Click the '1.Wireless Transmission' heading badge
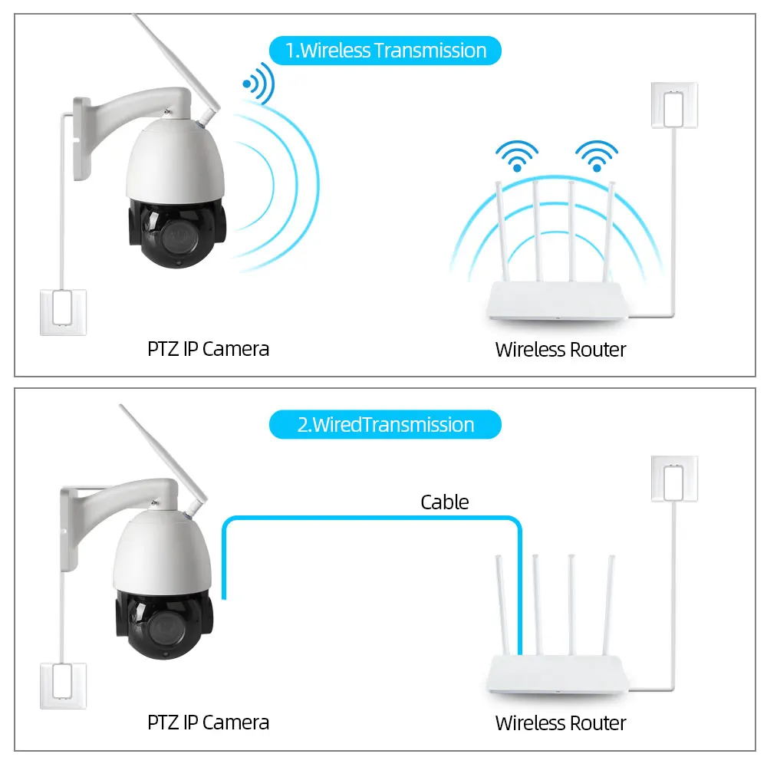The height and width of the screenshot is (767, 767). (x=385, y=51)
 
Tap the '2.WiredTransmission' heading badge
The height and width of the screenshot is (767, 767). (x=385, y=424)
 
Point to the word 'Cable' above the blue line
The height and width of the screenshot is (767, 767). (x=444, y=502)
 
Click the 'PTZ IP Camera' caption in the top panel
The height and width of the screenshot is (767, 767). (x=208, y=349)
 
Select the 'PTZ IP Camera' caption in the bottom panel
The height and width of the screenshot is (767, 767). (x=208, y=722)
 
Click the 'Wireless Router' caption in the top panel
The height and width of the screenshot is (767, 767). (x=561, y=350)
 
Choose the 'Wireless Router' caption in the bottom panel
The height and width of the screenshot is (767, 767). (x=561, y=723)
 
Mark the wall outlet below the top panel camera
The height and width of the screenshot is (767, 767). (x=63, y=311)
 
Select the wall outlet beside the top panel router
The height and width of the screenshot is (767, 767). (x=674, y=106)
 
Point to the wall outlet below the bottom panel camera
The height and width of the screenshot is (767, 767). (x=63, y=686)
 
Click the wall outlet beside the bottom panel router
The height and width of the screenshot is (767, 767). (x=674, y=479)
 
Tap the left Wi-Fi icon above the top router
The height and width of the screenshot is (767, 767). (x=518, y=155)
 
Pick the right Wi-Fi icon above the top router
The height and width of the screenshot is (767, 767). (x=597, y=155)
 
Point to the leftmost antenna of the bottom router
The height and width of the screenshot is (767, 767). (x=503, y=606)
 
